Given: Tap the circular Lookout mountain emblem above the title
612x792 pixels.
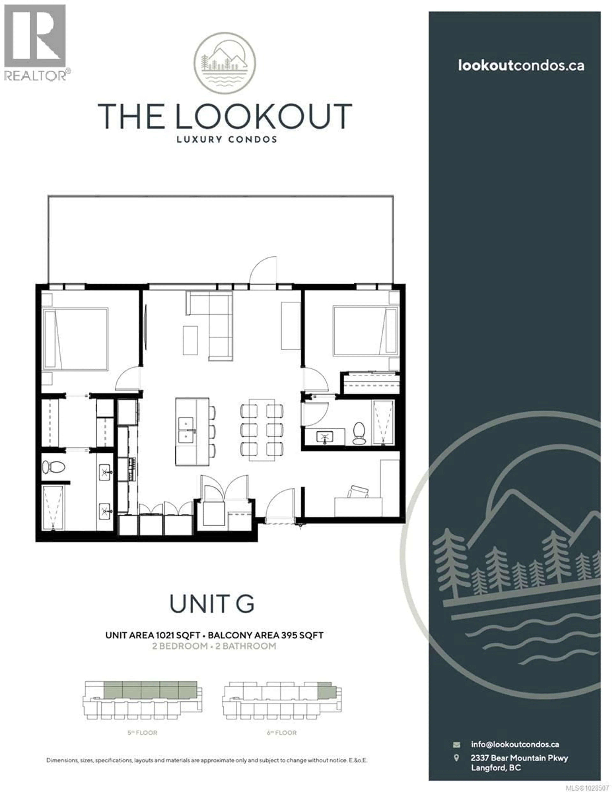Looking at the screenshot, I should point(225,63).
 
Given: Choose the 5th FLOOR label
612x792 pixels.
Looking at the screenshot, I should point(142,733).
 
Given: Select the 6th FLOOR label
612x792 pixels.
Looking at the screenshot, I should point(281,733).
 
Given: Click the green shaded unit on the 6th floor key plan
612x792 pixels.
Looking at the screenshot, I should point(325,691).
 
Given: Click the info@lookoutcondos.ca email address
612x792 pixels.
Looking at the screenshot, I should point(515,745).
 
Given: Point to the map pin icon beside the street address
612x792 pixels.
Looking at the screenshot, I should point(456,758).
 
